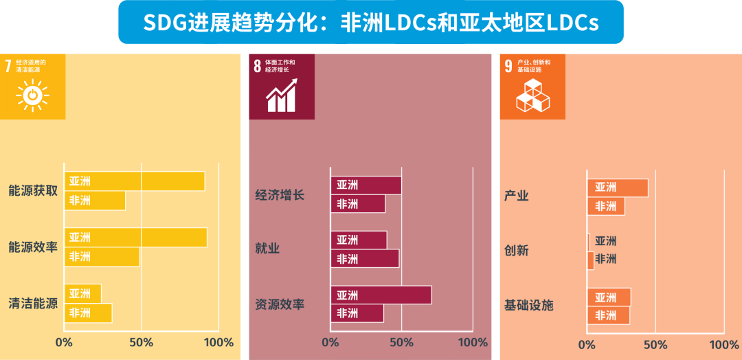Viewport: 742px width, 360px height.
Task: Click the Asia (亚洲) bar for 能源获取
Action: [135, 181]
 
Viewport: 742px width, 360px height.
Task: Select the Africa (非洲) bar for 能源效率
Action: [102, 256]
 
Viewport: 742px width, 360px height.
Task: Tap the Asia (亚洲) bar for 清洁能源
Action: [82, 293]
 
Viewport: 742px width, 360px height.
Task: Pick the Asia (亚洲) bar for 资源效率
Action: [381, 295]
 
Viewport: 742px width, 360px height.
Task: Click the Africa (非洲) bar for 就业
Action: [365, 258]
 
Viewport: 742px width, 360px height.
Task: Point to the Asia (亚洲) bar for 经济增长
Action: [366, 185]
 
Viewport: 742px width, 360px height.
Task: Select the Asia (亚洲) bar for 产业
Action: [618, 188]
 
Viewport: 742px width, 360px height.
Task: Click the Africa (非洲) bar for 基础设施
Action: [609, 315]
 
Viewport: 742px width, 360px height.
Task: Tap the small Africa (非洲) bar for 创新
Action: [591, 260]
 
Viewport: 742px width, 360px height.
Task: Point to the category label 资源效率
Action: [280, 304]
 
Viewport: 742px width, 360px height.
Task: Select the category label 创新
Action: [517, 250]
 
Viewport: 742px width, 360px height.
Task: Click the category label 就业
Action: [267, 248]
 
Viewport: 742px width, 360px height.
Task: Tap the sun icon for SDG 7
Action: [32, 95]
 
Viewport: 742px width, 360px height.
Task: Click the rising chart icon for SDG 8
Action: [282, 95]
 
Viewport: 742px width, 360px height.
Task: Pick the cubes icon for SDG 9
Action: [532, 95]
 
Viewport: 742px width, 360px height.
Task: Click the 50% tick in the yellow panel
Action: [141, 342]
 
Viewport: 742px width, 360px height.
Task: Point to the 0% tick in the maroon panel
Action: [330, 342]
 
